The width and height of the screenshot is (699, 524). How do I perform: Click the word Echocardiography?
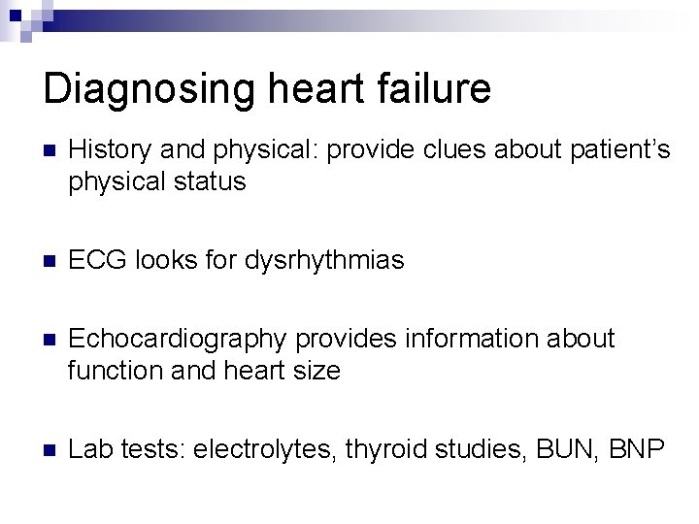[179, 340]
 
